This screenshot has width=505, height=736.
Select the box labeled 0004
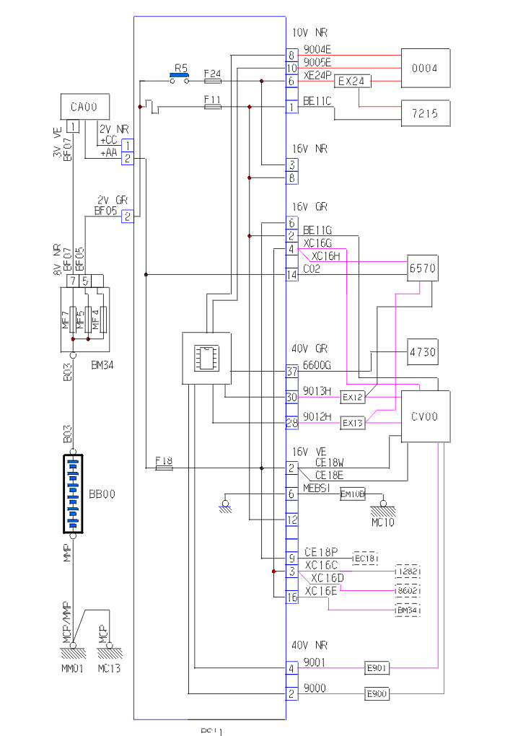coord(425,69)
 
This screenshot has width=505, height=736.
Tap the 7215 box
coord(425,113)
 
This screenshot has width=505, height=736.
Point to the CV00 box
coord(426,416)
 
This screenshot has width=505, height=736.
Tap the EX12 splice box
coord(353,398)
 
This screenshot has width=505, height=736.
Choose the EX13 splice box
coord(353,422)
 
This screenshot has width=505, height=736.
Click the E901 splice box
coord(377,669)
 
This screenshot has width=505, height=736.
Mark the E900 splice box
coord(377,694)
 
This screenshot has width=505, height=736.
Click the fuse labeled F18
coord(164,468)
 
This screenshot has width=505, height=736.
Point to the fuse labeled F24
coord(213,82)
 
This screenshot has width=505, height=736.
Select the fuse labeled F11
coord(213,107)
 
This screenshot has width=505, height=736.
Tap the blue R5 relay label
coord(180,68)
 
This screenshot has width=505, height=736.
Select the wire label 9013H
coord(317,391)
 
